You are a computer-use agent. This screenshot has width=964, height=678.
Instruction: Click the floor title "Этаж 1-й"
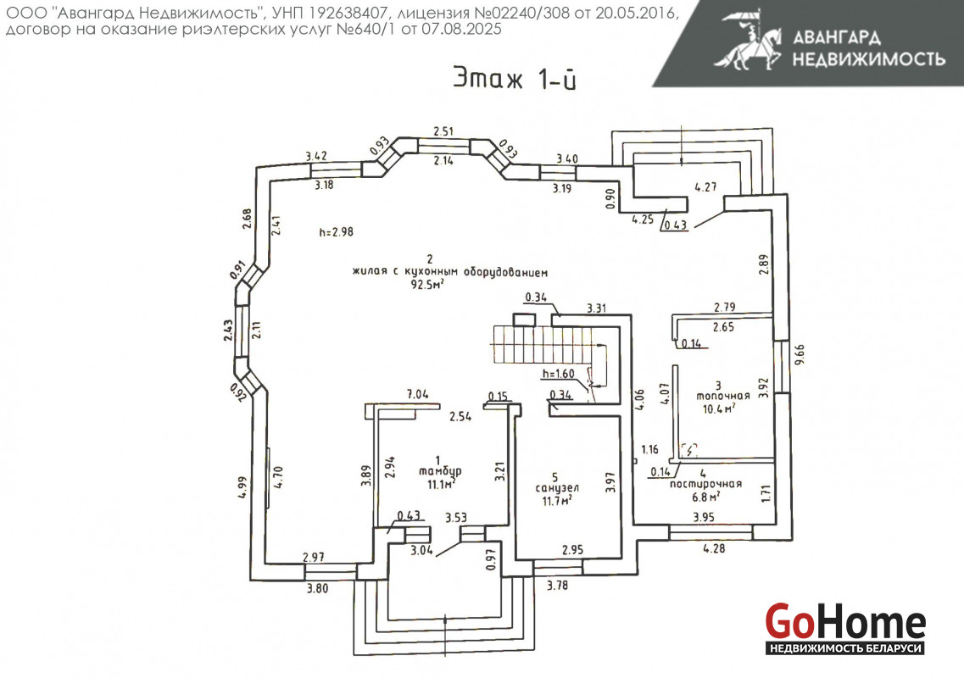[515, 79]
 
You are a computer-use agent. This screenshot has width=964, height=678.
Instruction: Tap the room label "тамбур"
[437, 471]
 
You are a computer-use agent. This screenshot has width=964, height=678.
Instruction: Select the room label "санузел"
[557, 489]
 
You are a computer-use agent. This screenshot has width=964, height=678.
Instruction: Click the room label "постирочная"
[705, 485]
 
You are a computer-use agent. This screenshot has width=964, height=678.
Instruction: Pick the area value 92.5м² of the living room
[429, 286]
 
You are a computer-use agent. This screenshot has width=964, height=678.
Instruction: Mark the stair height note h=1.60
[558, 374]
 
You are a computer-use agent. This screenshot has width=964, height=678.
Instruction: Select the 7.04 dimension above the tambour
[419, 394]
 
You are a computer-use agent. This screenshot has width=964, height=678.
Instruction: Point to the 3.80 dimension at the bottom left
[318, 588]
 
